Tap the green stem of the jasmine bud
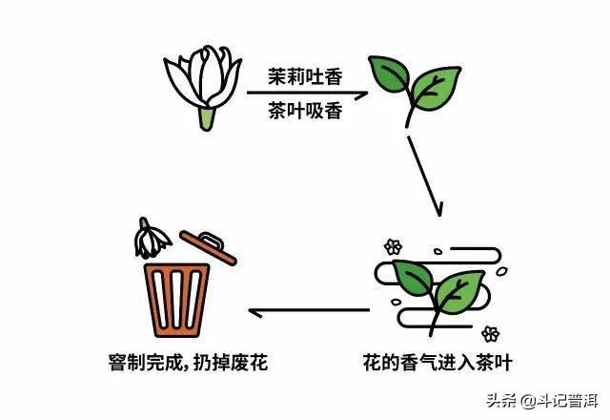pyautogui.click(x=207, y=118)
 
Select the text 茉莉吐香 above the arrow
pyautogui.click(x=305, y=76)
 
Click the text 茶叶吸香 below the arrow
pyautogui.click(x=305, y=111)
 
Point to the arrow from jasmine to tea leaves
pyautogui.click(x=307, y=94)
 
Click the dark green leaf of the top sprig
pyautogui.click(x=389, y=73)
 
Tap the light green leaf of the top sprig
pyautogui.click(x=436, y=88)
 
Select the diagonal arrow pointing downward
pyautogui.click(x=424, y=176)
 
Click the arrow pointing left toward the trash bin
pyautogui.click(x=309, y=311)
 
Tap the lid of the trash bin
pyautogui.click(x=208, y=247)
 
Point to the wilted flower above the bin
pyautogui.click(x=151, y=239)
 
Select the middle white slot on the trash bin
pyautogui.click(x=176, y=299)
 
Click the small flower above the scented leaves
pyautogui.click(x=393, y=246)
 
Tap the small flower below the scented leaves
pyautogui.click(x=491, y=334)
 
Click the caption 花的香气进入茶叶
pyautogui.click(x=437, y=363)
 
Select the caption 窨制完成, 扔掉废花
pyautogui.click(x=189, y=363)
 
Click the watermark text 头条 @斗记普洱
pyautogui.click(x=542, y=401)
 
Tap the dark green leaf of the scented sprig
pyautogui.click(x=413, y=278)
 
